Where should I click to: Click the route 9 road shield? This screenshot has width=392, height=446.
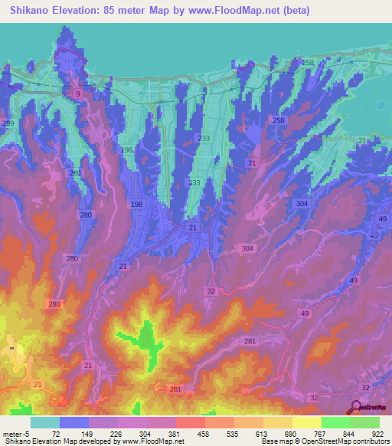pyautogui.click(x=77, y=93)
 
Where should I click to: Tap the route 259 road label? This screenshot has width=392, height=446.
pyautogui.click(x=8, y=123)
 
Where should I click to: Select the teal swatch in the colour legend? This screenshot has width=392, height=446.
pyautogui.click(x=44, y=421)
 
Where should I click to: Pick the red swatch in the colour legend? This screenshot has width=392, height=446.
pyautogui.click(x=190, y=421)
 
